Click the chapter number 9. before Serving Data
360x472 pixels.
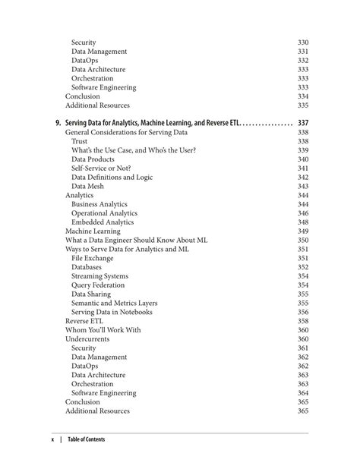point(58,123)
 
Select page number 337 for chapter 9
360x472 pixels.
point(303,123)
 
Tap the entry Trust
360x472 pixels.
point(80,141)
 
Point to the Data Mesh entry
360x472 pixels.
point(89,187)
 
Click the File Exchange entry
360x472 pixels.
point(93,259)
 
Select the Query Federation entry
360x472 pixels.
point(98,285)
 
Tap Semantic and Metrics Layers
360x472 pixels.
point(115,304)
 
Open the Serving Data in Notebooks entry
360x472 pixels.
point(112,313)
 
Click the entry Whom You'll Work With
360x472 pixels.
point(103,330)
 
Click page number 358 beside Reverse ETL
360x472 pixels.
point(303,322)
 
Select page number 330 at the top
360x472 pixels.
point(303,42)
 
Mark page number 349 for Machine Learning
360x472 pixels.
point(303,231)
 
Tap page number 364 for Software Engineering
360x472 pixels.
point(303,393)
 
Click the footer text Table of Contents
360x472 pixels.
point(87,439)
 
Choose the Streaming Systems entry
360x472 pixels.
point(99,277)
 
